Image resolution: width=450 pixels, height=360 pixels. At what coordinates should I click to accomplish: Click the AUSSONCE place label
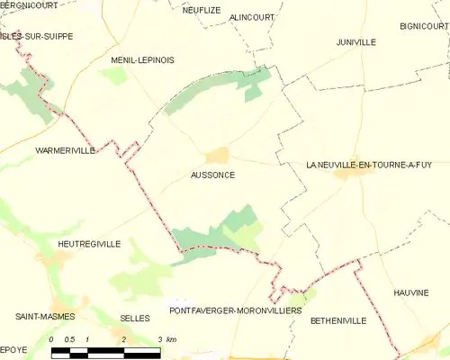click(213, 175)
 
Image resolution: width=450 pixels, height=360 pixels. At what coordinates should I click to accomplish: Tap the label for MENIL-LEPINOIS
click(142, 59)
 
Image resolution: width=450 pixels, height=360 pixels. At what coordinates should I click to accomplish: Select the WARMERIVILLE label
click(65, 150)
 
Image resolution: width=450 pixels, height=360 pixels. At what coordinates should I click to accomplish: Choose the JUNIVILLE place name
click(356, 42)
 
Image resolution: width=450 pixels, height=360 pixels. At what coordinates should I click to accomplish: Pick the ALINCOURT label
click(252, 17)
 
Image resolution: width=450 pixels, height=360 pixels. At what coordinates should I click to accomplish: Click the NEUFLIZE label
click(202, 9)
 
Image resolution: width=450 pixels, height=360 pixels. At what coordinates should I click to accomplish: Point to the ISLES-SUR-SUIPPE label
click(37, 37)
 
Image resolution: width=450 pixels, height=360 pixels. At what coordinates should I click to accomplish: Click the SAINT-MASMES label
click(44, 317)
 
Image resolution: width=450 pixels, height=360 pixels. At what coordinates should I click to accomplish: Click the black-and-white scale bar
click(105, 350)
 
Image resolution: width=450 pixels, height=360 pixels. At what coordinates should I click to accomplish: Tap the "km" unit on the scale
click(172, 339)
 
